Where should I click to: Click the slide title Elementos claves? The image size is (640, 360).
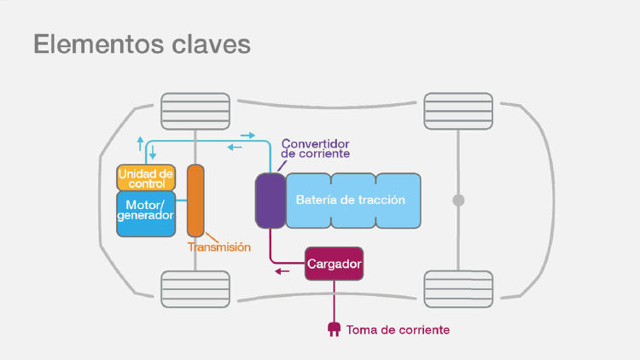click(142, 44)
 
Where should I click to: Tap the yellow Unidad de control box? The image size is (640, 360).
click(146, 177)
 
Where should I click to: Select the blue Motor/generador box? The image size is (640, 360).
click(146, 211)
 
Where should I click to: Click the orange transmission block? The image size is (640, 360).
click(195, 200)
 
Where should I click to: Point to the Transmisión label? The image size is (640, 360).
click(219, 247)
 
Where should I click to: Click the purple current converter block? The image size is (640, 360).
click(270, 200)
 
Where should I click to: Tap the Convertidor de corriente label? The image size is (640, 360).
click(315, 148)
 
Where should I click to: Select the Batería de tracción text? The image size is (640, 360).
click(350, 200)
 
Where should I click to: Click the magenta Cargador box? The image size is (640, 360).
click(335, 264)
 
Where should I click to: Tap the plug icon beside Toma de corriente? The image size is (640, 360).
click(334, 328)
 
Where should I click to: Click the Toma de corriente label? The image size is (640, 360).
click(398, 329)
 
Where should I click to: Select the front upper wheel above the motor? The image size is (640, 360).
click(195, 111)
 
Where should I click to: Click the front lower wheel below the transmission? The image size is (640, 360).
click(195, 288)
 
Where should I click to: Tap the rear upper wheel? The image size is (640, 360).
click(458, 111)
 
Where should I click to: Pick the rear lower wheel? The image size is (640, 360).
click(458, 288)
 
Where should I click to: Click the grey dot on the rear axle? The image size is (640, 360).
click(458, 200)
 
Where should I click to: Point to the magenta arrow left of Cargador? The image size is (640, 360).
click(282, 272)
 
